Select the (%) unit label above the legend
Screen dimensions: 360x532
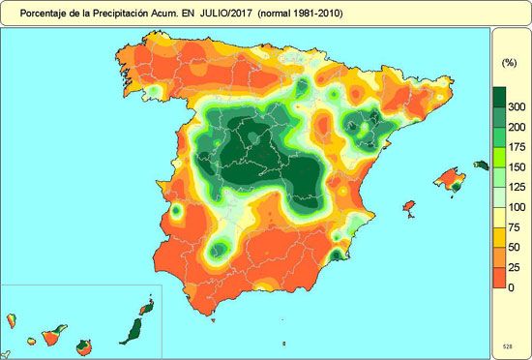coord(509,62)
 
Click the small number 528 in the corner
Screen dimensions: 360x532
coord(507,345)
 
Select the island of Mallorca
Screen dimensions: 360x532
coord(448,180)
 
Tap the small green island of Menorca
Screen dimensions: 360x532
coord(480,165)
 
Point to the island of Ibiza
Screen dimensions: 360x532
coord(408,207)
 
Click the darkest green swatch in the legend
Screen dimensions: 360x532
coord(500,97)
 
